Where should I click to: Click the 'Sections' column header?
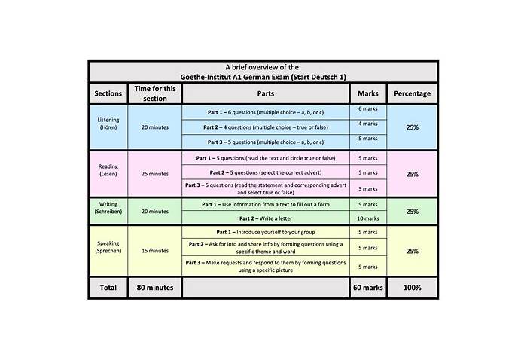tap(108, 94)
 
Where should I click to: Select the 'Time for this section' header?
tap(155, 93)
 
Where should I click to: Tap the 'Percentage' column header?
tap(413, 94)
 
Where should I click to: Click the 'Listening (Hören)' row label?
tap(108, 124)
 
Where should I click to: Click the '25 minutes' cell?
tap(155, 174)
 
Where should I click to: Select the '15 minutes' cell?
tap(155, 251)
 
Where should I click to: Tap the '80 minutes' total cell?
tap(155, 288)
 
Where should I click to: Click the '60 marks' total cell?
tap(368, 288)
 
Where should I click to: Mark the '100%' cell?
tap(413, 288)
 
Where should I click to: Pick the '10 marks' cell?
tap(368, 218)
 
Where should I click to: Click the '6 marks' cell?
tap(368, 109)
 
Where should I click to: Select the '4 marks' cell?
tap(368, 124)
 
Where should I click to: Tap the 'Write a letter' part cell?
tap(265, 218)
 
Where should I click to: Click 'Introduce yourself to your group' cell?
tap(265, 232)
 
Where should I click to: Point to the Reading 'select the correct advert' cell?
tap(265, 172)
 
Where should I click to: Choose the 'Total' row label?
tap(108, 288)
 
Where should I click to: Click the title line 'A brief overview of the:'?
tap(263, 67)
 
